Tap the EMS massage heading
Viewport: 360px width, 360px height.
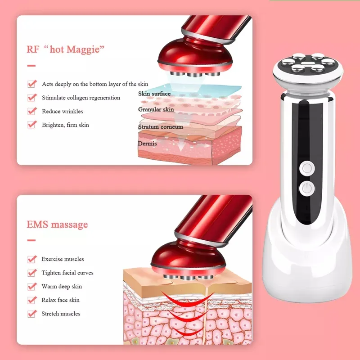(x=58, y=224)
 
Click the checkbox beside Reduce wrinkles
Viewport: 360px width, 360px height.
(x=31, y=111)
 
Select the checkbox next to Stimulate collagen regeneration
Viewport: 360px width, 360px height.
(x=31, y=98)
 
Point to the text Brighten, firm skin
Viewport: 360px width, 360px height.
(x=65, y=125)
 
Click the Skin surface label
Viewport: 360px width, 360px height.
(x=154, y=94)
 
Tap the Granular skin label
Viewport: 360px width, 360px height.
(x=156, y=109)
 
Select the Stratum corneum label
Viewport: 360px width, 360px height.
(x=160, y=127)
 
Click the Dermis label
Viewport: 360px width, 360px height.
(x=148, y=144)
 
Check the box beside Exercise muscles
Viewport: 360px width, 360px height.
(x=31, y=259)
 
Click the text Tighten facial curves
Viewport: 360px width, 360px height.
(x=67, y=273)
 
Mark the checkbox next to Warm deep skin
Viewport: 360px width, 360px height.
(x=31, y=286)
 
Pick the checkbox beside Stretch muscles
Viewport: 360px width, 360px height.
(x=31, y=314)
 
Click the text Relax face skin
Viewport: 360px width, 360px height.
(x=60, y=300)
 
